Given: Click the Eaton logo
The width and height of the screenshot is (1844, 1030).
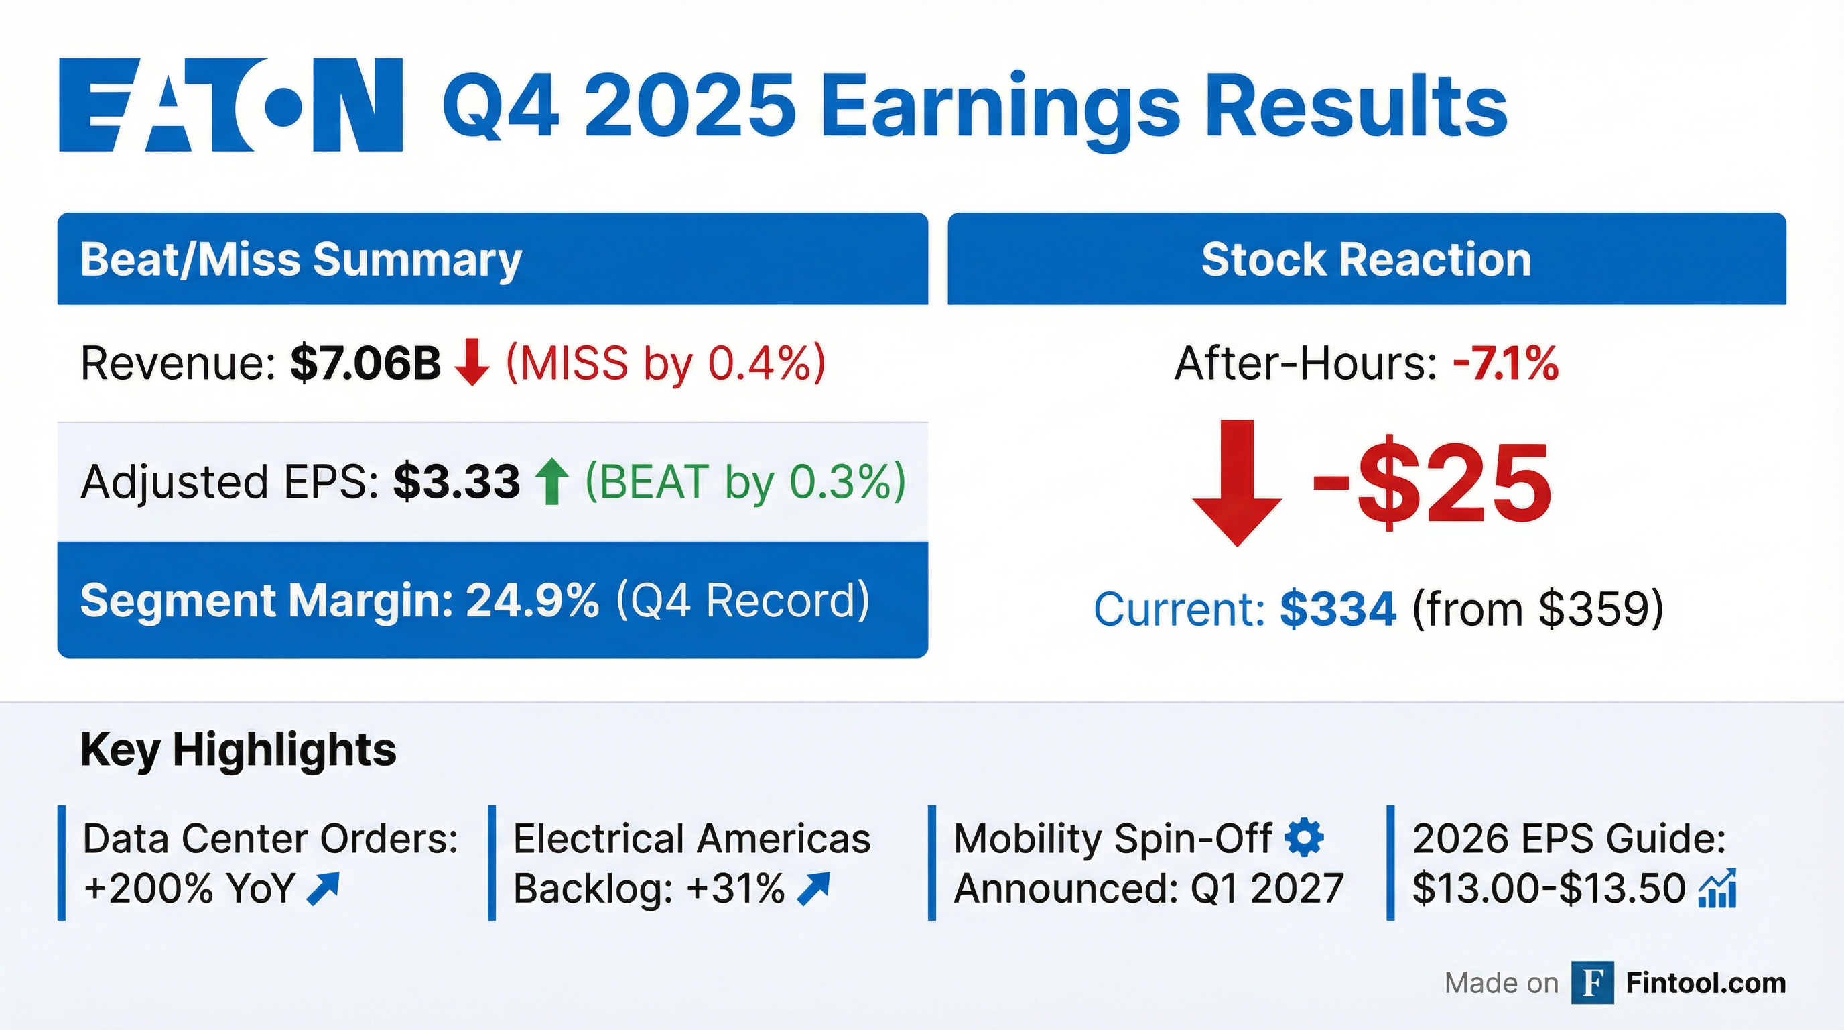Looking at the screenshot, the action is point(230,105).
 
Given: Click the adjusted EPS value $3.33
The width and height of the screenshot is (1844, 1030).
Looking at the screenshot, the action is point(456,481).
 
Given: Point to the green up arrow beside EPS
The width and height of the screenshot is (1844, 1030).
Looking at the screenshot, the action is point(552,481).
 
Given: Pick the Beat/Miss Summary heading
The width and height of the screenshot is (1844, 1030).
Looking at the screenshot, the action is point(301,260).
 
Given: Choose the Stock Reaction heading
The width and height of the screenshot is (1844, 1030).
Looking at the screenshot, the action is point(1366,259).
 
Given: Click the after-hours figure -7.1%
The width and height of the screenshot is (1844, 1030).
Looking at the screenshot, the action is point(1506,363).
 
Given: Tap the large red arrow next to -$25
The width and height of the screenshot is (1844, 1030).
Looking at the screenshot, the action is point(1237,483).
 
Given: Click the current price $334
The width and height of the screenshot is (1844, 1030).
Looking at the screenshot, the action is point(1338,609).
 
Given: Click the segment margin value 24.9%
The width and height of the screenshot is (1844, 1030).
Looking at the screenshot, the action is point(532,600).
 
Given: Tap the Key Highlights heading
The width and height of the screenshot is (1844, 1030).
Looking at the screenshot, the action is point(239,750).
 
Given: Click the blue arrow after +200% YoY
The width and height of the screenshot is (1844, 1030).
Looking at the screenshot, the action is point(322,889).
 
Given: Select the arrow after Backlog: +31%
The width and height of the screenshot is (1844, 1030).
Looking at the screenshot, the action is point(813,889).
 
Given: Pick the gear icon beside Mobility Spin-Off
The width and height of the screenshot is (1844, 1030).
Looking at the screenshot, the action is point(1304,838).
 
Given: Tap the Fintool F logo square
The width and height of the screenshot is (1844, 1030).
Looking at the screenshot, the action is point(1592,983).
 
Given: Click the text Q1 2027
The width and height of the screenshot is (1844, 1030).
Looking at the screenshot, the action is point(1266,889).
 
